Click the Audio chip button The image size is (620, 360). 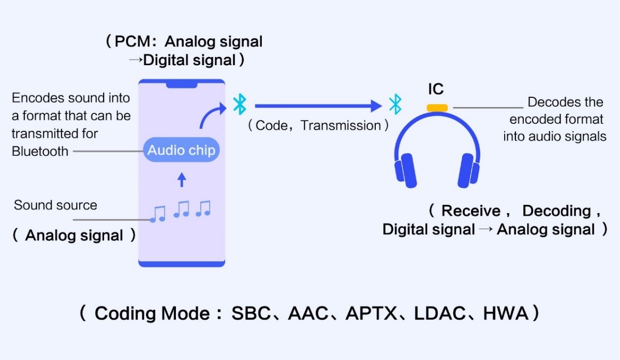pyautogui.click(x=181, y=151)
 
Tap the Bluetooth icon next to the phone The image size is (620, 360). pyautogui.click(x=239, y=104)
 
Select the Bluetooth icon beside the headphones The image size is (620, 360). pyautogui.click(x=395, y=104)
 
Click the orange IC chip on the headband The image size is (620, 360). pyautogui.click(x=437, y=108)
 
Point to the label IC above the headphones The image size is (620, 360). pyautogui.click(x=436, y=89)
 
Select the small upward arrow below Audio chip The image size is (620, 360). pyautogui.click(x=181, y=179)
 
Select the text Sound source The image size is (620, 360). pyautogui.click(x=55, y=205)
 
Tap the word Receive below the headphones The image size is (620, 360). pyautogui.click(x=471, y=211)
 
